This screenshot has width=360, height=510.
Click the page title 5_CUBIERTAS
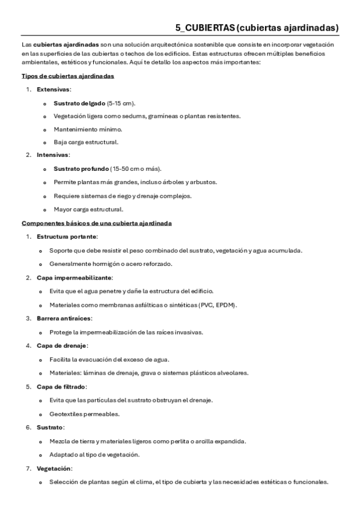(205, 27)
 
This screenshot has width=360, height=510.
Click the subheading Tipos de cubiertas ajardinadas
(68, 76)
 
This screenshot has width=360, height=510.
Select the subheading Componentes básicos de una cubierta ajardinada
(97, 223)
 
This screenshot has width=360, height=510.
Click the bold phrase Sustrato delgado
(79, 103)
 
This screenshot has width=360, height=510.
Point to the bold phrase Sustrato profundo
(81, 168)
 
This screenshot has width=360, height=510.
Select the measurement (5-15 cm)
(122, 103)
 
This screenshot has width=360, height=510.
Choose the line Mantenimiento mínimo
(87, 129)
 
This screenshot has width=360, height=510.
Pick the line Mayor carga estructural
(88, 209)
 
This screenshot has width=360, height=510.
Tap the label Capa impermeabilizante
(74, 277)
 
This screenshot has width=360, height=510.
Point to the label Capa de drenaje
(62, 346)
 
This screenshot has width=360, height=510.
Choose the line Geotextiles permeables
(84, 414)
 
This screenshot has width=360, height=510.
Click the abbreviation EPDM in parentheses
(225, 305)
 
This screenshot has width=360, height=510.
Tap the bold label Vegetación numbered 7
(54, 468)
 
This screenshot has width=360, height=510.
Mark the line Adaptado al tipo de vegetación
(94, 454)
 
